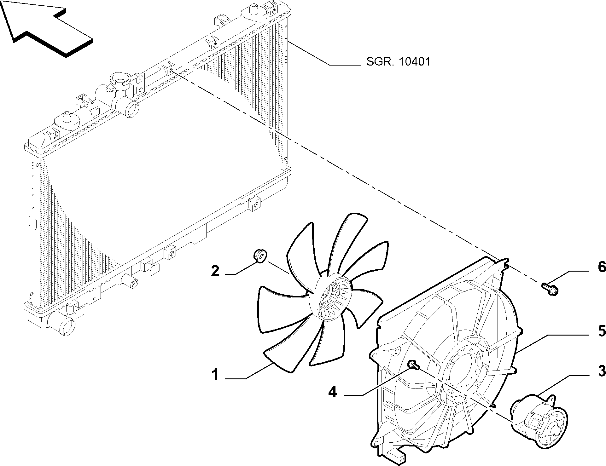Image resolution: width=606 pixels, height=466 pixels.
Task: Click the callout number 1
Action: point(216,375)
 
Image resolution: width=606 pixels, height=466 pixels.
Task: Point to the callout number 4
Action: point(333,392)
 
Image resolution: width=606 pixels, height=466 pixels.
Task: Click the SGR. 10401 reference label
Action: point(398,61)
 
